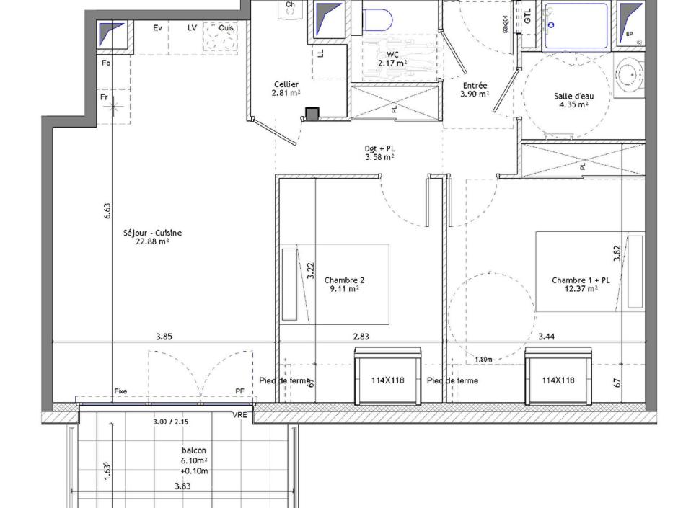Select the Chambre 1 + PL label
click(581, 280)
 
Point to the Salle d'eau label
click(573, 96)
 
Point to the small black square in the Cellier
click(312, 114)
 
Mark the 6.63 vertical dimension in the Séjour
click(107, 210)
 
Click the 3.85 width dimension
click(164, 336)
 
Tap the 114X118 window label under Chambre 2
click(387, 380)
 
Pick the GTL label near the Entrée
click(528, 15)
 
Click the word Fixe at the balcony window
click(121, 391)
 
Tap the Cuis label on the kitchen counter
click(226, 28)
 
